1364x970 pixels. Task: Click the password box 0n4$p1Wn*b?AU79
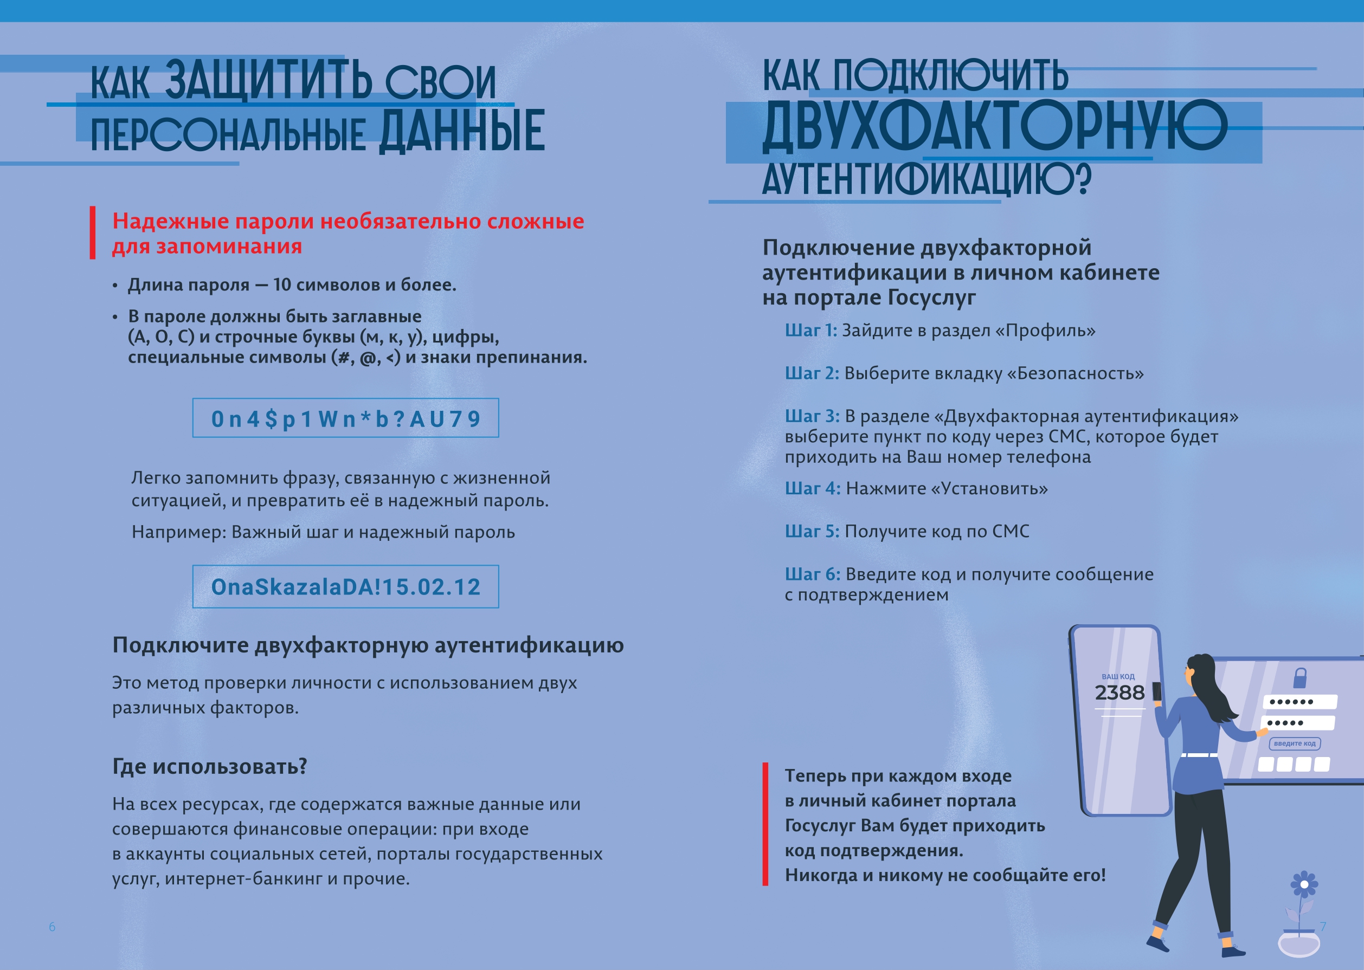345,418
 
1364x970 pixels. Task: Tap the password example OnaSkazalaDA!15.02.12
345,586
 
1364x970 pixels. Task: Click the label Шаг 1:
810,331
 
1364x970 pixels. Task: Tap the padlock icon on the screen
1299,677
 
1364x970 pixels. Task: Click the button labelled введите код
1295,743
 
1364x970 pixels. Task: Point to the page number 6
52,927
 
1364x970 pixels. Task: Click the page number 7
1323,927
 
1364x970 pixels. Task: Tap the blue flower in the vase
1304,884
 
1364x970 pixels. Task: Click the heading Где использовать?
210,766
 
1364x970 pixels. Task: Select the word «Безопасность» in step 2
1075,373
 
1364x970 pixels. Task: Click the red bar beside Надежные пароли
93,233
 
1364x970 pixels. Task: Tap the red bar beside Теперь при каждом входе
765,824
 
